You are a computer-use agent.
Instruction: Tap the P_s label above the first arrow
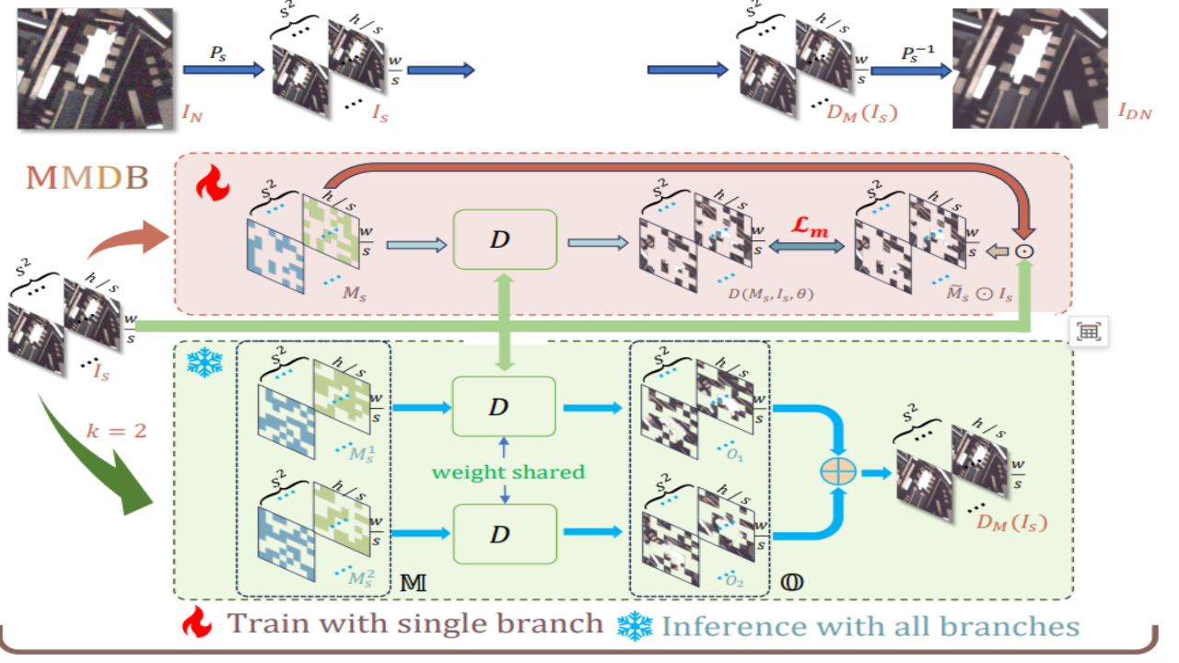(x=216, y=52)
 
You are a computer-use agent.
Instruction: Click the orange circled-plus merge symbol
(x=838, y=471)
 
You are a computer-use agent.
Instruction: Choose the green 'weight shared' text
(x=509, y=471)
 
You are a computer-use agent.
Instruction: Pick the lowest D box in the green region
(x=506, y=534)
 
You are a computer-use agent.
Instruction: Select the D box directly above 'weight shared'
(x=506, y=406)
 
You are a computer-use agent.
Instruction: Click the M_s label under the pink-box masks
(x=354, y=293)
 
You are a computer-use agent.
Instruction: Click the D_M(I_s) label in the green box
(x=1012, y=526)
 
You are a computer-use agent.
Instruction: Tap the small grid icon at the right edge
(x=1089, y=333)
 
